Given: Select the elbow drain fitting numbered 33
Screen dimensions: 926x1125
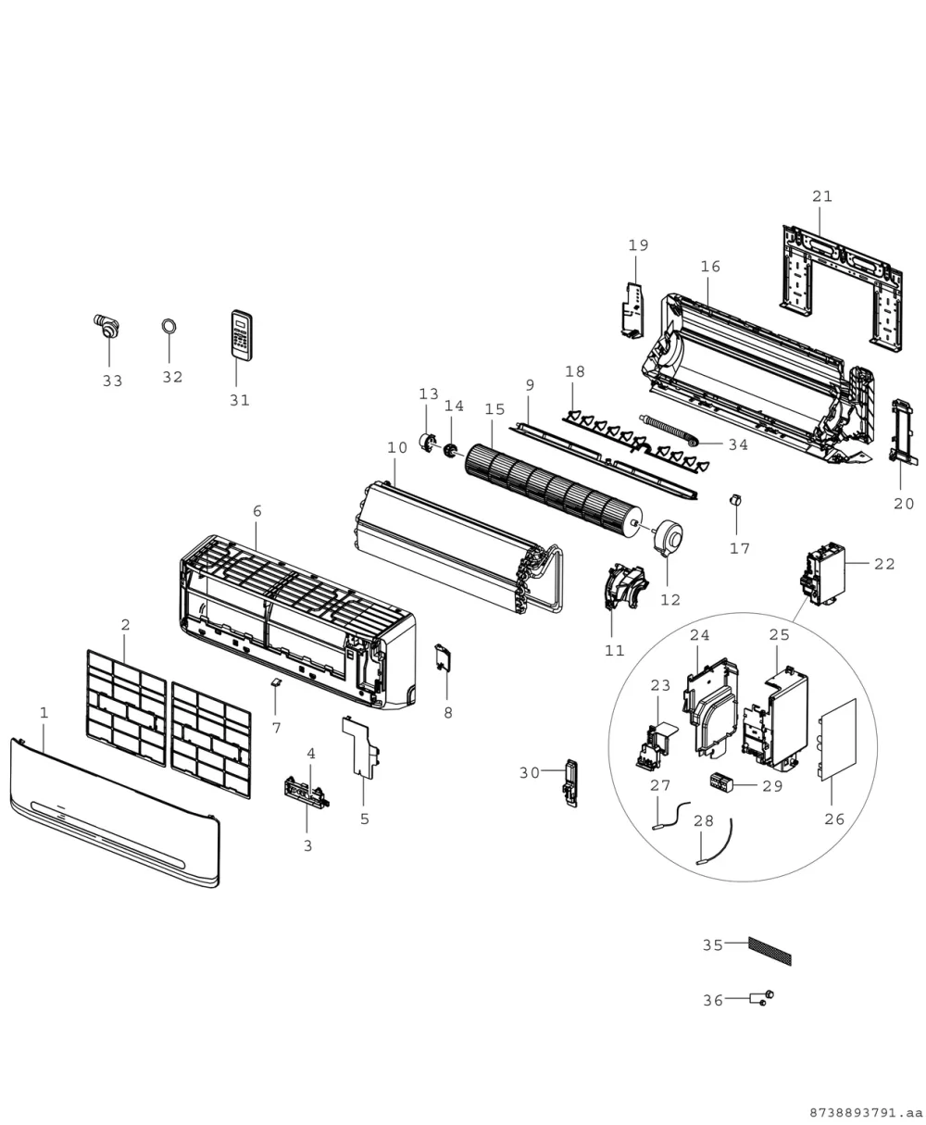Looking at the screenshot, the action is point(106,325).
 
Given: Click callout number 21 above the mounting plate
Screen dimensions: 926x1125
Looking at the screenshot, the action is point(822,196).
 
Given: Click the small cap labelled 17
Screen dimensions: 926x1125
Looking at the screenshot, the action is point(736,500).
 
